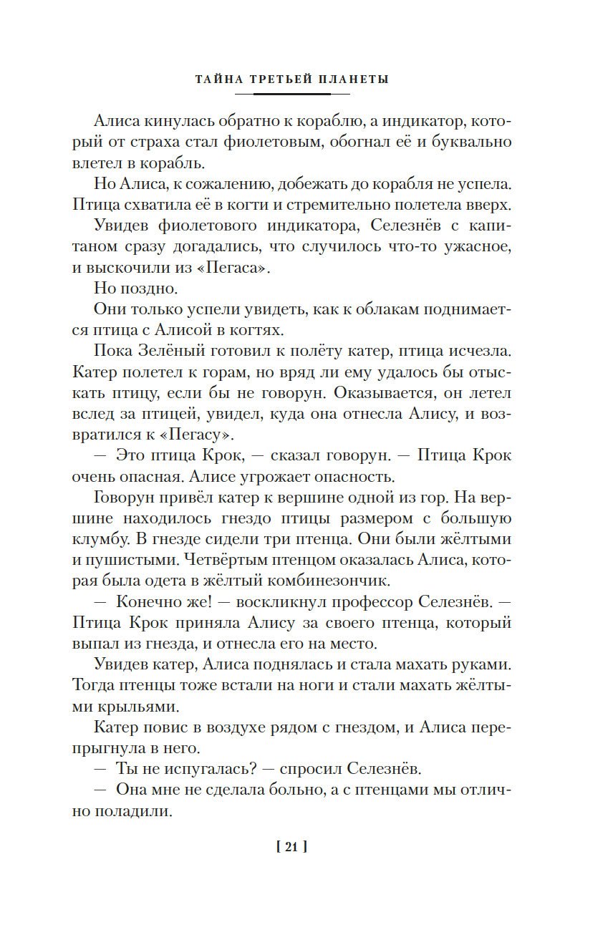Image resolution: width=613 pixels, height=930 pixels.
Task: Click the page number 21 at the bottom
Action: pyautogui.click(x=291, y=848)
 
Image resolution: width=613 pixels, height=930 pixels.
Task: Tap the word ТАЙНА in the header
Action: pyautogui.click(x=216, y=79)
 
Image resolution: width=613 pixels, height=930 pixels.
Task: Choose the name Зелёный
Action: pyautogui.click(x=177, y=352)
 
